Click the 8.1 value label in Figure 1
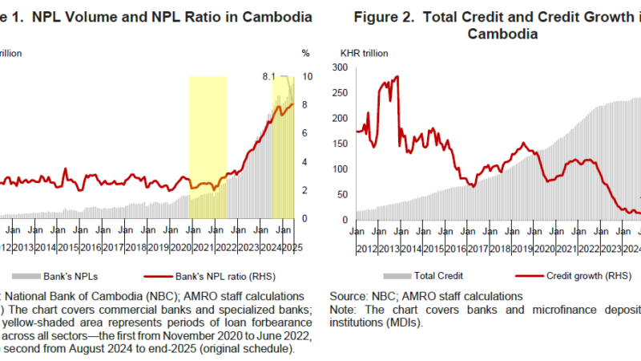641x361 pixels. (x=269, y=76)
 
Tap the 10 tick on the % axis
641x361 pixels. (x=306, y=76)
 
